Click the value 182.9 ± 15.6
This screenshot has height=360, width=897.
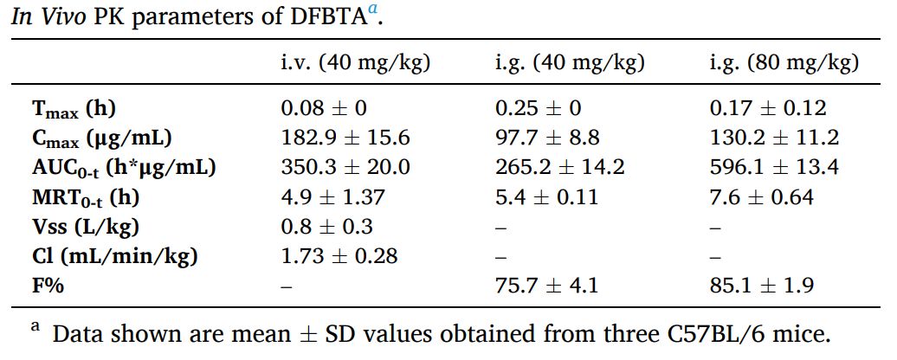point(345,138)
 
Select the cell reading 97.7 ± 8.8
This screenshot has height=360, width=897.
point(546,138)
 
